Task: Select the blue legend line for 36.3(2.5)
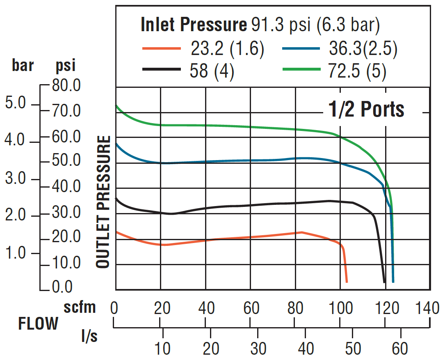click(301, 48)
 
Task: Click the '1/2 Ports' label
click(366, 109)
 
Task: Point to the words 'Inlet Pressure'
click(193, 25)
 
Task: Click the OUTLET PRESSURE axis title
click(103, 202)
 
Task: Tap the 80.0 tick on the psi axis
click(66, 86)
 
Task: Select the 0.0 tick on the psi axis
click(62, 287)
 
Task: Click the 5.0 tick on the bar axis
click(16, 103)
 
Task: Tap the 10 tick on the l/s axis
click(162, 349)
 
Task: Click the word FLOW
click(38, 324)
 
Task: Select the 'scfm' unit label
click(80, 307)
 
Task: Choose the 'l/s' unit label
click(89, 337)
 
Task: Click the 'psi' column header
click(66, 66)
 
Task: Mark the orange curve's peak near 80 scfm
click(302, 232)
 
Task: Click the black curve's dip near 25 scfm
click(171, 213)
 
